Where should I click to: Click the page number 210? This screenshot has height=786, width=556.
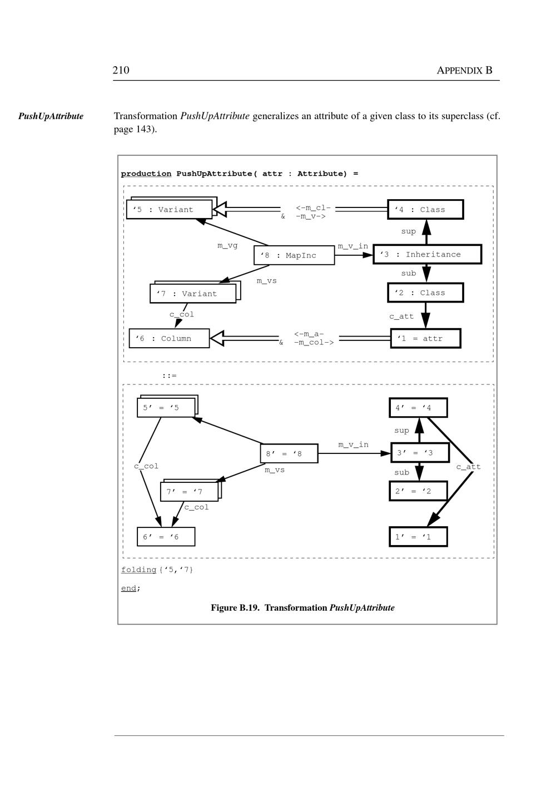[x=121, y=70]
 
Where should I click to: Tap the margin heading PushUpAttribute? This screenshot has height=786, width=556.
[x=51, y=116]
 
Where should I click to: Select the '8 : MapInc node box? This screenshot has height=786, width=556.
[x=294, y=255]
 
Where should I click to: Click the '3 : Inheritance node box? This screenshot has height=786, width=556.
[x=427, y=254]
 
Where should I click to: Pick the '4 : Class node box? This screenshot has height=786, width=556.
[x=425, y=210]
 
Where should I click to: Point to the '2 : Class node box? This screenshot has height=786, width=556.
[x=425, y=293]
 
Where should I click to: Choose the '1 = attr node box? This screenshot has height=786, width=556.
[x=425, y=338]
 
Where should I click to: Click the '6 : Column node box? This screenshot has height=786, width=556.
[x=169, y=338]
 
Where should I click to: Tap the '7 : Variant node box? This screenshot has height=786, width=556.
[x=193, y=294]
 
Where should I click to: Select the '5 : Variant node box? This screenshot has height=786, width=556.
[x=169, y=210]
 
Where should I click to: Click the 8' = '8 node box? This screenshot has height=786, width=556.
[x=289, y=453]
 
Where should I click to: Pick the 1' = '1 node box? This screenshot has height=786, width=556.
[x=418, y=537]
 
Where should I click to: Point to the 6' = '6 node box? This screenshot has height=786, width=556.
[x=166, y=537]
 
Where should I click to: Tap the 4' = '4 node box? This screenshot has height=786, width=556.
[x=418, y=408]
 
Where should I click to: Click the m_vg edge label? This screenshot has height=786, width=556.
[x=227, y=245]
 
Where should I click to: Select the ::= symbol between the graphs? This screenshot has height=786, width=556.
[x=169, y=375]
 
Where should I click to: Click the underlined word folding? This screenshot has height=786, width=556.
[x=138, y=570]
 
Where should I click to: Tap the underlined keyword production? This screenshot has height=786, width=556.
[x=146, y=174]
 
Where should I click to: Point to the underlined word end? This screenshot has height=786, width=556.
[x=128, y=588]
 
